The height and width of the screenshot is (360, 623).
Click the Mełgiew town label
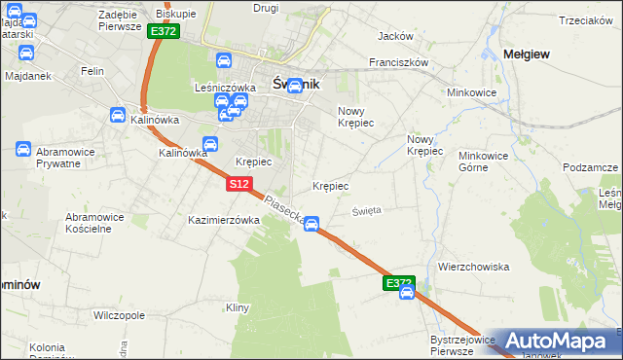526,54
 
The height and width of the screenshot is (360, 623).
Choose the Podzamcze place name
590,167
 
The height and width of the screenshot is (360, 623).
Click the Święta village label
367,209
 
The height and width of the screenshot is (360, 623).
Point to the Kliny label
238,307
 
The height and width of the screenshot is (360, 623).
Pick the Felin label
92,72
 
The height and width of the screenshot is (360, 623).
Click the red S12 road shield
241,183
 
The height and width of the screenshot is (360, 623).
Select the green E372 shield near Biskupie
163,31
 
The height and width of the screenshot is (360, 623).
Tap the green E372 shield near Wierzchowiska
397,282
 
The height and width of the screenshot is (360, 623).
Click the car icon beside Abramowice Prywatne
22,149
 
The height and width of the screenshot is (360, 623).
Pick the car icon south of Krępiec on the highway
311,225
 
